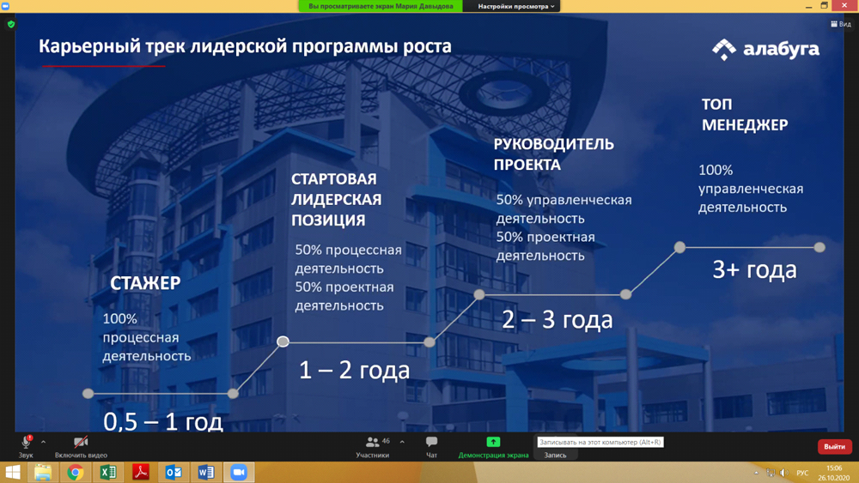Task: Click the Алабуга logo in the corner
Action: pyautogui.click(x=765, y=49)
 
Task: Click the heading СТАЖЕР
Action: pyautogui.click(x=145, y=283)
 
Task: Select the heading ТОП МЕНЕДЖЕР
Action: pyautogui.click(x=745, y=114)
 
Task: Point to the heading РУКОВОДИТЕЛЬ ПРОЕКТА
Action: pyautogui.click(x=553, y=154)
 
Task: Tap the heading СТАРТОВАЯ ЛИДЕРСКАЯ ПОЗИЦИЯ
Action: pyautogui.click(x=336, y=200)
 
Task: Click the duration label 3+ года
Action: pyautogui.click(x=754, y=269)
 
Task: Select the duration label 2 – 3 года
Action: pyautogui.click(x=557, y=319)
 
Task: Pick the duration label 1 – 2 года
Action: pyautogui.click(x=354, y=371)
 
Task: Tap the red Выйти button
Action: pyautogui.click(x=834, y=446)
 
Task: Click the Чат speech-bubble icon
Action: pyautogui.click(x=432, y=442)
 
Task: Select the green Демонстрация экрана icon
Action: pyautogui.click(x=493, y=442)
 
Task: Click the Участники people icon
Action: pyautogui.click(x=373, y=442)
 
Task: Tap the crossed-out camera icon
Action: pyautogui.click(x=81, y=442)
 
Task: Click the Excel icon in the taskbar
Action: pyautogui.click(x=108, y=472)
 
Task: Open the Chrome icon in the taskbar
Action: pyautogui.click(x=75, y=472)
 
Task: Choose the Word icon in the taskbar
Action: pyautogui.click(x=206, y=472)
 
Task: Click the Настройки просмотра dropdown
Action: pyautogui.click(x=515, y=6)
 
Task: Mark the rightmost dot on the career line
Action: pyautogui.click(x=819, y=247)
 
